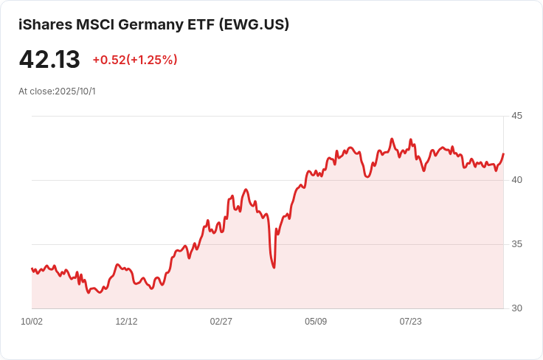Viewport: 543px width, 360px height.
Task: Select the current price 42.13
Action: pyautogui.click(x=49, y=59)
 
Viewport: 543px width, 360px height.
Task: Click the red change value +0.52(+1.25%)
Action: pyautogui.click(x=135, y=60)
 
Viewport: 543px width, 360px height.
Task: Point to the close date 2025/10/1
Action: pyautogui.click(x=77, y=91)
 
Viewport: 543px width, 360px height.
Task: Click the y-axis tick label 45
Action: pyautogui.click(x=516, y=116)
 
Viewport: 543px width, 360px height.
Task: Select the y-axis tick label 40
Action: pyautogui.click(x=516, y=180)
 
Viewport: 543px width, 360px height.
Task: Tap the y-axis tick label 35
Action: pyautogui.click(x=516, y=244)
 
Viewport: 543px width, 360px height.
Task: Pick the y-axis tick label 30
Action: pyautogui.click(x=516, y=308)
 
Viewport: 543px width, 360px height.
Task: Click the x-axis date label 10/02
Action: pyautogui.click(x=32, y=322)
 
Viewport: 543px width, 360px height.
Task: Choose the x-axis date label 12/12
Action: pyautogui.click(x=126, y=322)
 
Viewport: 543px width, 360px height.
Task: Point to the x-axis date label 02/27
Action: pyautogui.click(x=221, y=322)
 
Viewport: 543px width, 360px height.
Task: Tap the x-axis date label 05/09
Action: pyautogui.click(x=316, y=322)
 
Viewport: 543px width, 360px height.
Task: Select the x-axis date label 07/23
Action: pyautogui.click(x=410, y=322)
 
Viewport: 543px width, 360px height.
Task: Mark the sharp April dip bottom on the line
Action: pyautogui.click(x=274, y=267)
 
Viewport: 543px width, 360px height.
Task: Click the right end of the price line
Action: pyautogui.click(x=503, y=154)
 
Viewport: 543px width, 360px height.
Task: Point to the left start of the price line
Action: pyautogui.click(x=32, y=269)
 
